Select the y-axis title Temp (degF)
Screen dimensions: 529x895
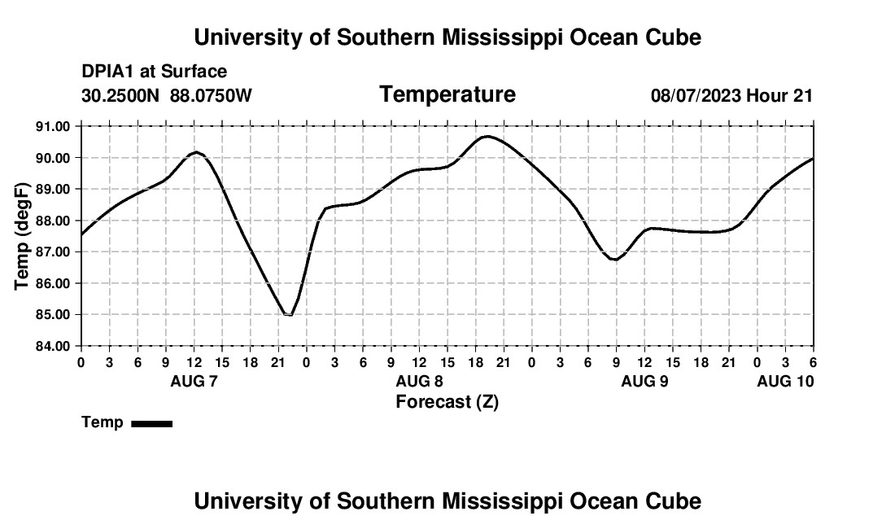tap(23, 236)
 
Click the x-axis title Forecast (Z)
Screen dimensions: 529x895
tap(447, 402)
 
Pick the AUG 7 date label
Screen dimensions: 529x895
tap(194, 381)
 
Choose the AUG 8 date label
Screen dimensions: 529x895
tap(419, 381)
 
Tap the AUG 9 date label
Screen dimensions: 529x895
tap(644, 381)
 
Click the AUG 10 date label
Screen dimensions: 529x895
tap(785, 381)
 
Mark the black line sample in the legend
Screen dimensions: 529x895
tap(151, 423)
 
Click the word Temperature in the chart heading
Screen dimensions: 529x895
tap(447, 94)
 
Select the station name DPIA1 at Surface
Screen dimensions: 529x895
tap(154, 72)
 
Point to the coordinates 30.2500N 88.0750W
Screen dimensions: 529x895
tap(167, 95)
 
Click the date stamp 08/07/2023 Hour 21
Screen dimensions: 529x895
tap(731, 95)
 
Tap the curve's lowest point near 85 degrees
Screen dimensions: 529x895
tap(288, 314)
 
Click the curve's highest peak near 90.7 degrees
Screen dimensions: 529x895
tap(486, 136)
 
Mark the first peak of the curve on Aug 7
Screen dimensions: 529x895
tap(195, 152)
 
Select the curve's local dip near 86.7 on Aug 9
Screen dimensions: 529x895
tap(616, 260)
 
